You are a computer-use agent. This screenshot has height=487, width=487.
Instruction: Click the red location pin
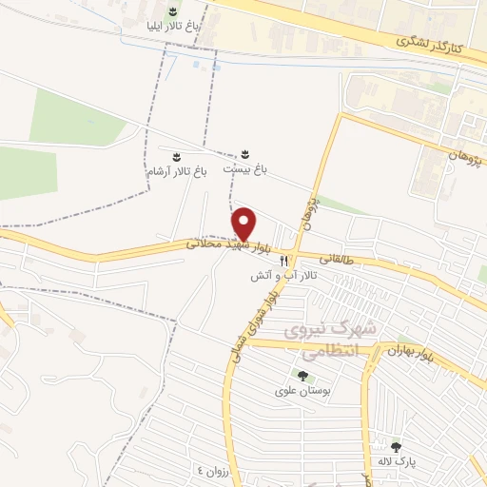pyautogui.click(x=245, y=224)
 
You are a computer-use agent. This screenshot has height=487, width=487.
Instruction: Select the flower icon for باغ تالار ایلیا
pyautogui.click(x=172, y=11)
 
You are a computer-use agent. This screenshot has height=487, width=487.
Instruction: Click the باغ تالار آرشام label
pyautogui.click(x=175, y=171)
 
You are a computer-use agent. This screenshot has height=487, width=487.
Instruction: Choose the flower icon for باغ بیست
pyautogui.click(x=245, y=152)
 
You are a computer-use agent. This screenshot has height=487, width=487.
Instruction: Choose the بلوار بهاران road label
pyautogui.click(x=410, y=353)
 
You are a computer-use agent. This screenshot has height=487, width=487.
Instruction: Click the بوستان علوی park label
pyautogui.click(x=302, y=391)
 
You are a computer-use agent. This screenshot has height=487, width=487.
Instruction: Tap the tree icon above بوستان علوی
pyautogui.click(x=302, y=376)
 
